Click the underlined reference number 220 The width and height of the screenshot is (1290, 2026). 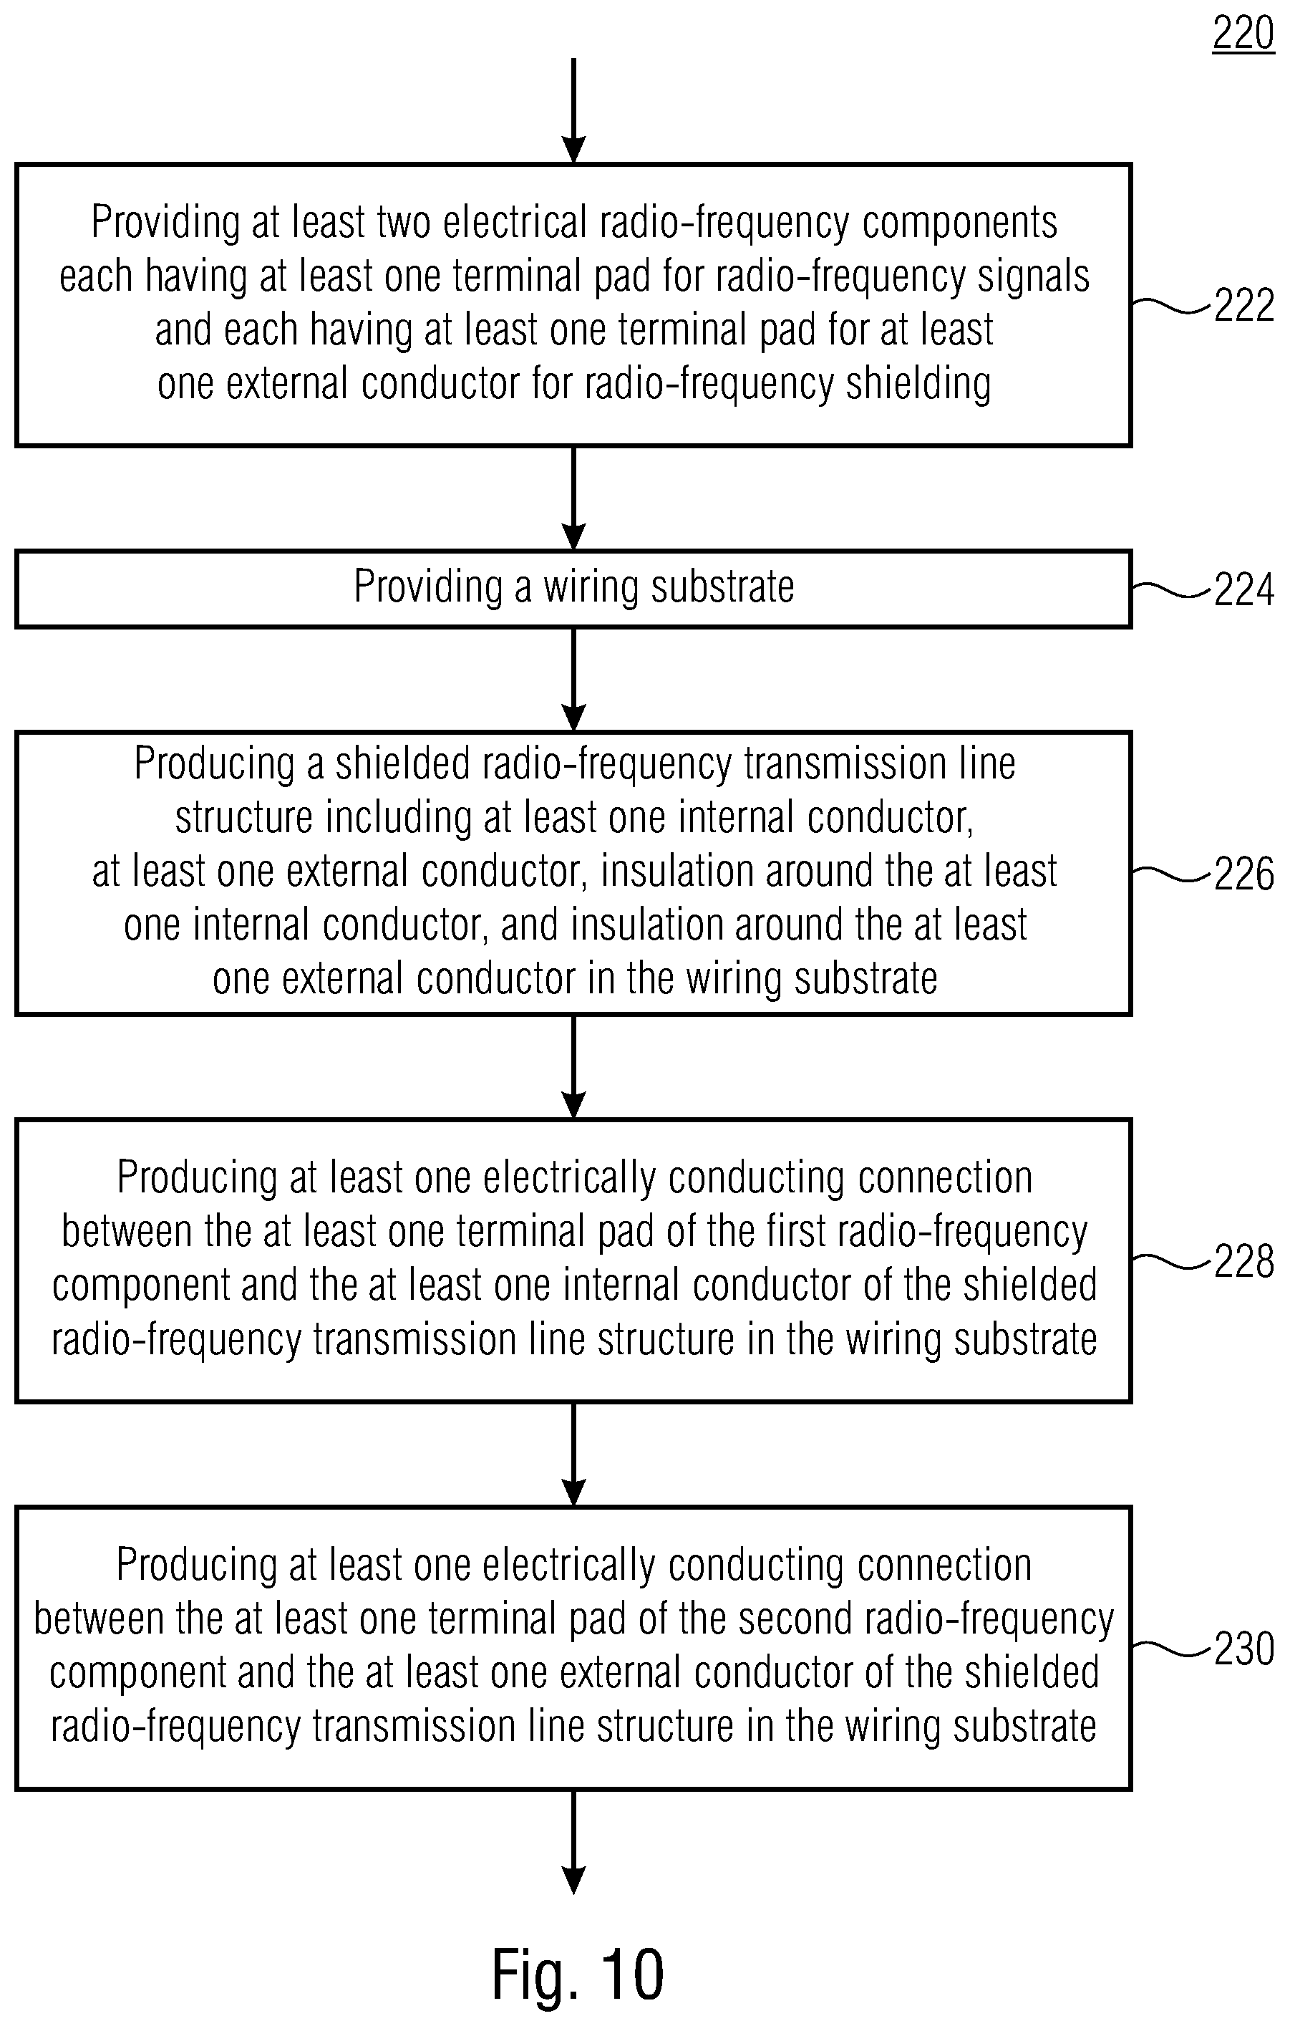(x=1243, y=34)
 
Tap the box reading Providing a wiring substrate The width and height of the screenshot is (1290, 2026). (x=573, y=589)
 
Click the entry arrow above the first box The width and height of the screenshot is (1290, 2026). (x=573, y=110)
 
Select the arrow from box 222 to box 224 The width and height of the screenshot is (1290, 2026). (x=573, y=498)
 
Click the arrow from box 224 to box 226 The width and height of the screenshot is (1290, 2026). (x=573, y=680)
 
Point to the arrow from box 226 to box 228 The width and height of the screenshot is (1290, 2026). (x=573, y=1067)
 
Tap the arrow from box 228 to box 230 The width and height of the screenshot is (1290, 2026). (x=573, y=1454)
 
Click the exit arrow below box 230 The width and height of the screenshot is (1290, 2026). (x=573, y=1842)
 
